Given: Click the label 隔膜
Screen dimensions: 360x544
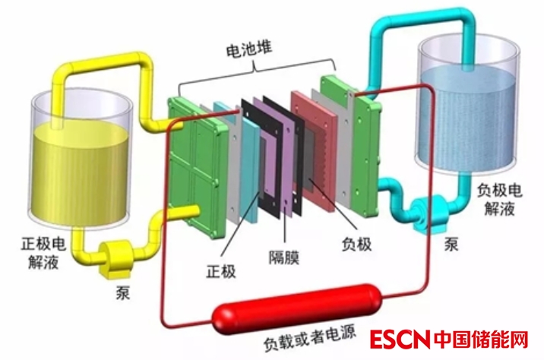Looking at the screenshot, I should tap(283, 257).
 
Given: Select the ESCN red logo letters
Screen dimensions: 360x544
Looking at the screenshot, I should tap(400, 340).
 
